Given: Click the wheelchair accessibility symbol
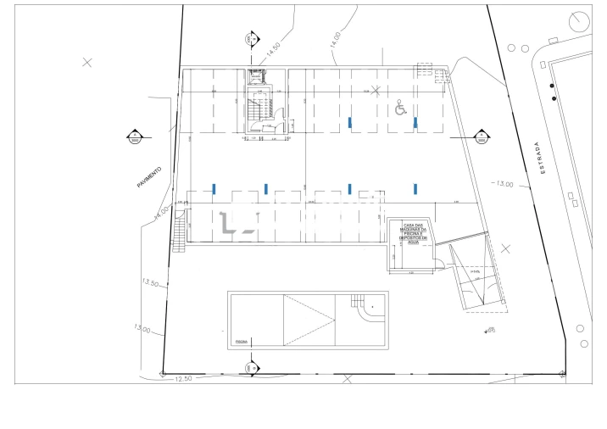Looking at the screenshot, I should (401, 108).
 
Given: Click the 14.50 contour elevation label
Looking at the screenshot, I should (273, 49).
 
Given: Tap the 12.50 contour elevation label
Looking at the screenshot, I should (185, 378).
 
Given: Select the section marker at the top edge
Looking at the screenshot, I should (251, 39).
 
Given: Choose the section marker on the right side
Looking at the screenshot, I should (481, 136).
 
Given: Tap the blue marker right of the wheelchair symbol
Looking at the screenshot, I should (415, 123).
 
